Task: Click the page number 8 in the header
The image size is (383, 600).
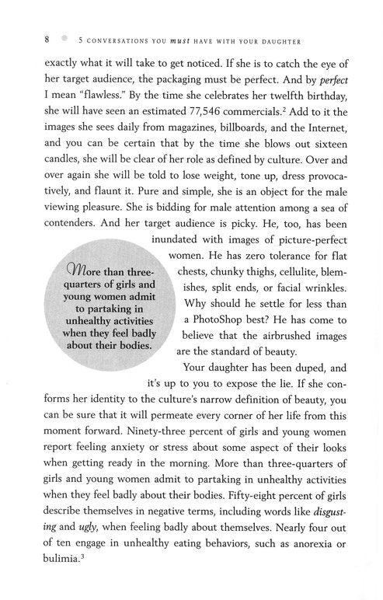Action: [26, 38]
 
